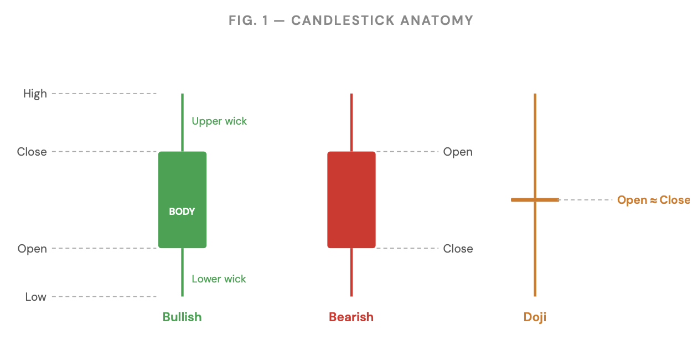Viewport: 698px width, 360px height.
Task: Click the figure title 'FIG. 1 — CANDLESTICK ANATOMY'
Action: point(351,20)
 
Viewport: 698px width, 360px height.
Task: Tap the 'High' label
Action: point(35,94)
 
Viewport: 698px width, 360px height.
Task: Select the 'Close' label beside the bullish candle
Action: point(32,152)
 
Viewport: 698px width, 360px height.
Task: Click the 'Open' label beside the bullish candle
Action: point(32,249)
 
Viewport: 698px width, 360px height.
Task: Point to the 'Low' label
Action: point(36,297)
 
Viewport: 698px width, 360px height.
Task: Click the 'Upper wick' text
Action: point(219,121)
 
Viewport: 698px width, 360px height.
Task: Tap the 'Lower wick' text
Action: point(219,279)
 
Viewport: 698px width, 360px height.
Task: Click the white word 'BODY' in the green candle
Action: point(182,212)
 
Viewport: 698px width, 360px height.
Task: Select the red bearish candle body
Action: point(351,200)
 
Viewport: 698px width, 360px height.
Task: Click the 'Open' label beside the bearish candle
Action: point(458,152)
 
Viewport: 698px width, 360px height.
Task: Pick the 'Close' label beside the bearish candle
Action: point(458,249)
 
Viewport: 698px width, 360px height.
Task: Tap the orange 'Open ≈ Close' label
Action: point(653,200)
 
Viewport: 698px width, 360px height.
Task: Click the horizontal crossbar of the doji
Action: point(535,200)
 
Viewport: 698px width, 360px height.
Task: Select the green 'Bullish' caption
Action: point(182,317)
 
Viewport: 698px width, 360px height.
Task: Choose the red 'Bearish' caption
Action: point(351,317)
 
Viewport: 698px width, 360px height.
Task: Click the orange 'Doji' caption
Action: point(535,317)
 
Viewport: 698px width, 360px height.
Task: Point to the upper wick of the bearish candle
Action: point(351,122)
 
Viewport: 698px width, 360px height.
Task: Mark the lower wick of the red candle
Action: point(351,272)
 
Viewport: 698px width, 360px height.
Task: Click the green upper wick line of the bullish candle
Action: point(182,122)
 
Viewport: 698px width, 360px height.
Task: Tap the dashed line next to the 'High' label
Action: point(104,94)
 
